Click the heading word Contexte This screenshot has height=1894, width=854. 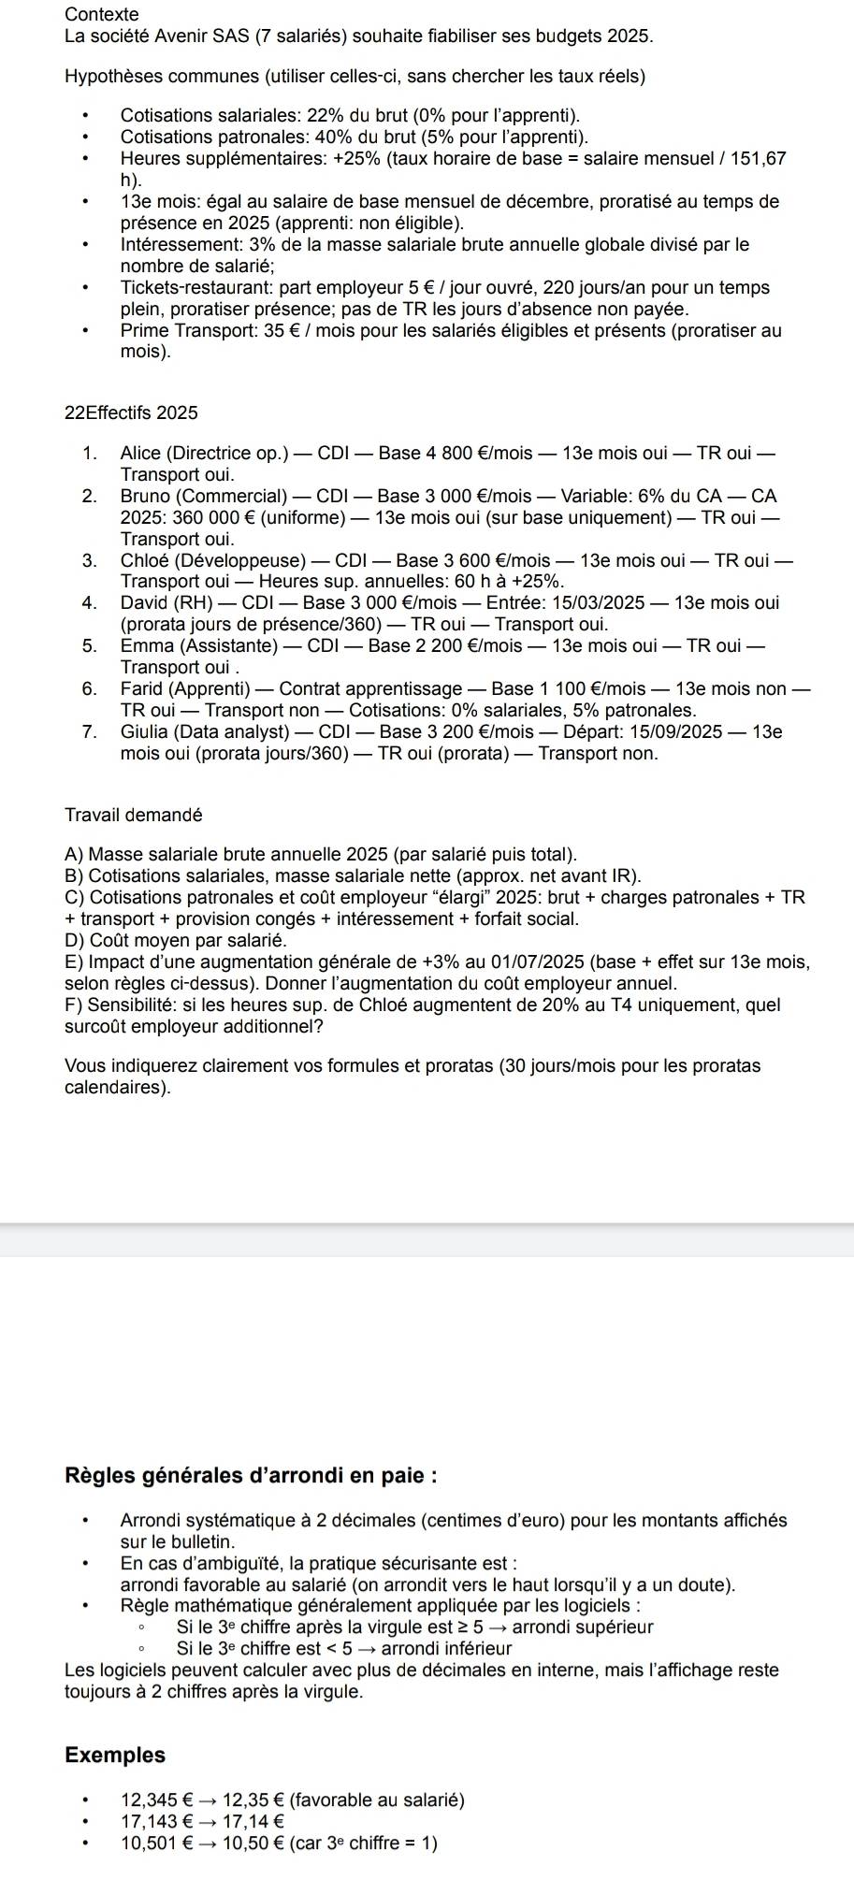[102, 15]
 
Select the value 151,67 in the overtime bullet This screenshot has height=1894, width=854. [760, 159]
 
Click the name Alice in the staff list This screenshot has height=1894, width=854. [141, 455]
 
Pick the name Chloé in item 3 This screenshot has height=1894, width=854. [143, 561]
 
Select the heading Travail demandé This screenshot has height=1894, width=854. [134, 815]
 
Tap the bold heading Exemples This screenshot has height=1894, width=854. [115, 1756]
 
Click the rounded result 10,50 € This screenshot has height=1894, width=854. [253, 1843]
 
